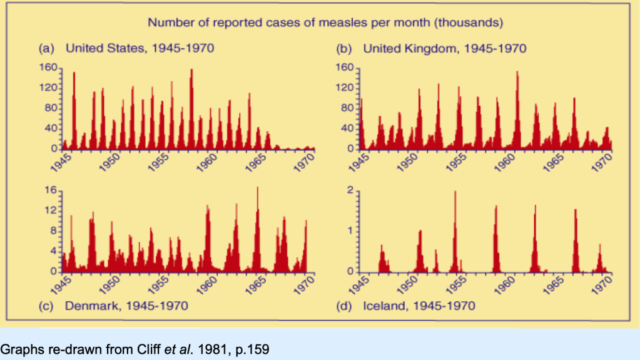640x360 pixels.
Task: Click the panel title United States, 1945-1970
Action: coord(144,48)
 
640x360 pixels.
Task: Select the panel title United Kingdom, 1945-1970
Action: coord(445,48)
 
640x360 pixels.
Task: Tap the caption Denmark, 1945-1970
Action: coord(127,306)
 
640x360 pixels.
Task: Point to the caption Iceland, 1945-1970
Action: coord(419,306)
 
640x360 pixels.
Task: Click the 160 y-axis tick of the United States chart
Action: coord(49,68)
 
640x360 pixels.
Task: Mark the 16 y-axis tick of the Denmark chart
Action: coord(51,190)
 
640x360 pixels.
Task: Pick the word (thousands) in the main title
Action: coord(470,23)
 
